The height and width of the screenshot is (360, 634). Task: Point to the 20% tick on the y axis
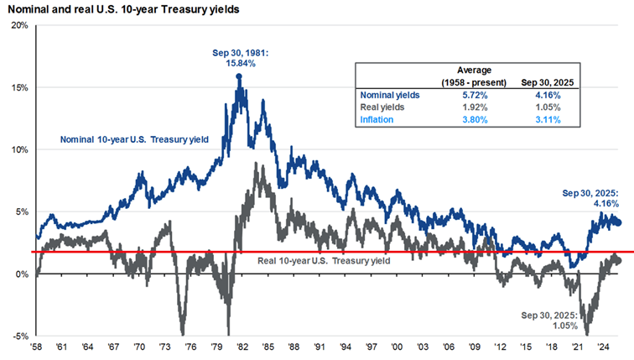tap(19, 25)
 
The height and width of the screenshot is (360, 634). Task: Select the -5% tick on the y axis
tap(19, 337)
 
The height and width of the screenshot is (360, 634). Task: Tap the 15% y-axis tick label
tap(19, 87)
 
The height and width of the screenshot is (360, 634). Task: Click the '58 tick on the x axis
tap(37, 347)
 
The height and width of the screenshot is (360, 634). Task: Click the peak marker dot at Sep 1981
tap(240, 76)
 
